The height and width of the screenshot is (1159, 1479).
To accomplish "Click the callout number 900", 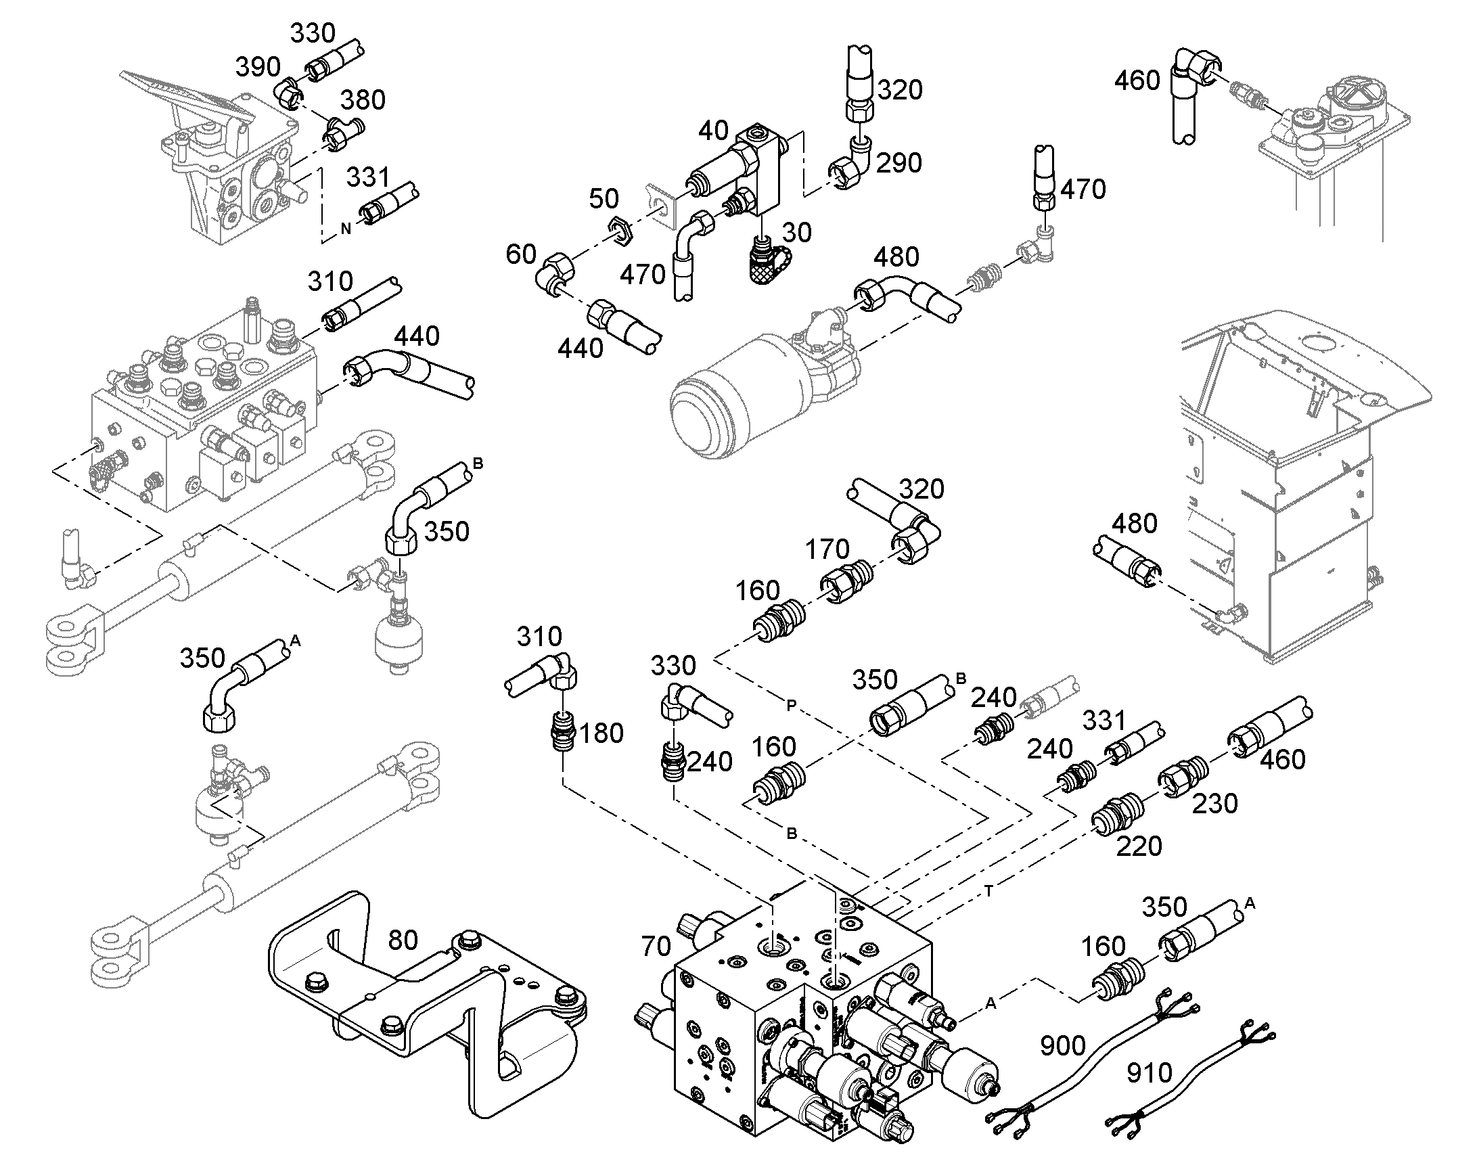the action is coord(1063,1047).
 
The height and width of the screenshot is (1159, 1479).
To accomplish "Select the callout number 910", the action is coord(1150,1074).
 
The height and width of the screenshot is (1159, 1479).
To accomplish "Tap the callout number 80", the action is coord(403,940).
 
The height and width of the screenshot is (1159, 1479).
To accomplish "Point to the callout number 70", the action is coord(656,947).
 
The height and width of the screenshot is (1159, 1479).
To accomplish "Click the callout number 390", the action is coord(258,67).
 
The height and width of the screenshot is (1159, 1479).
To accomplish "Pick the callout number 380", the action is coord(363,100).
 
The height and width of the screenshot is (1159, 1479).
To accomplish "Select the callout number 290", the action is coord(899,163).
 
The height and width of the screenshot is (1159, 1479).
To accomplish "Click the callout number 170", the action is coord(827,549).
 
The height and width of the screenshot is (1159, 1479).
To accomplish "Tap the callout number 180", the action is coord(601,733).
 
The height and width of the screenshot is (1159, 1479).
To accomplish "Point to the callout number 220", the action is coord(1139,846).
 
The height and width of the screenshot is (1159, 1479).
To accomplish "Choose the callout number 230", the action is coord(1215,803).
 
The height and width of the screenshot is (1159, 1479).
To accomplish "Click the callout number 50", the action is coord(604,199).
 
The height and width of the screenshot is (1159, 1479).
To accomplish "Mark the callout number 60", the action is coord(521,254).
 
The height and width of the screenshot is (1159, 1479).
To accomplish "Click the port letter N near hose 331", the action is coord(346,229).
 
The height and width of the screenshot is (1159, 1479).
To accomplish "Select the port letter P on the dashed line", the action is coord(791,706).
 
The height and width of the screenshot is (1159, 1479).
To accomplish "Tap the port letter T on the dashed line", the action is coord(989,892).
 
